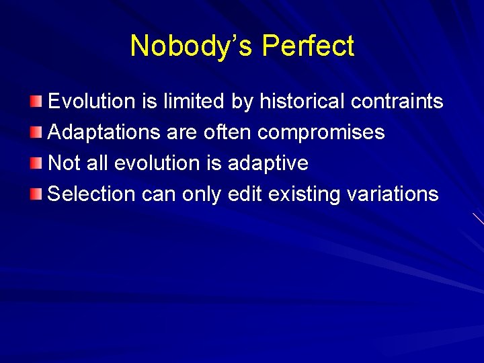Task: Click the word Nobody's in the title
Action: [192, 46]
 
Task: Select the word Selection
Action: [92, 194]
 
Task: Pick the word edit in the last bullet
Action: [245, 194]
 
